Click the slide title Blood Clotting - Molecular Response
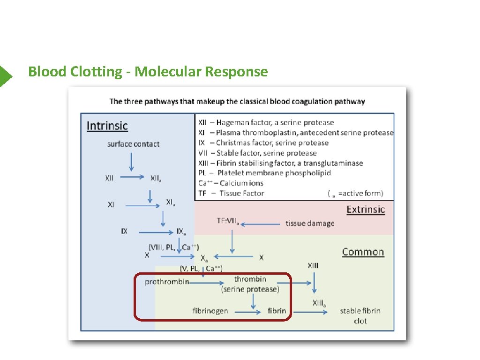[148, 72]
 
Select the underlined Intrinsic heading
[107, 126]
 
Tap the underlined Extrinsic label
[365, 210]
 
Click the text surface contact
[133, 144]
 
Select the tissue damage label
[310, 224]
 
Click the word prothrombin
[167, 282]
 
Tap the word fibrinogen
[210, 311]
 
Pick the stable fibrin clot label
[360, 315]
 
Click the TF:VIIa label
[228, 221]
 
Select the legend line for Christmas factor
[263, 143]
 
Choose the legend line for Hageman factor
[266, 122]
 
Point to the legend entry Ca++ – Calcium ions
[231, 183]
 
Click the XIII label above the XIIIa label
[313, 265]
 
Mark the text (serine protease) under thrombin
[250, 290]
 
